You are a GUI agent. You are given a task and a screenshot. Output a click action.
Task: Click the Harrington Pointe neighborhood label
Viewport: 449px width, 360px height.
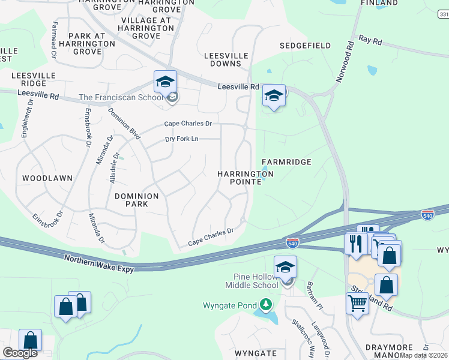(245, 178)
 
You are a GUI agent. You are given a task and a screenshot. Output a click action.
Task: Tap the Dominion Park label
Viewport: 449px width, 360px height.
(137, 200)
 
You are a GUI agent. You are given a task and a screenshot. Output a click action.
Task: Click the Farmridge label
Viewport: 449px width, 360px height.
(286, 162)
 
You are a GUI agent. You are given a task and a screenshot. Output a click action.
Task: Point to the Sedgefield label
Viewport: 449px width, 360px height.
(306, 46)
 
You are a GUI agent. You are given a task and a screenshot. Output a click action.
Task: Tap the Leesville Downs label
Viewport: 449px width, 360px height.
(226, 59)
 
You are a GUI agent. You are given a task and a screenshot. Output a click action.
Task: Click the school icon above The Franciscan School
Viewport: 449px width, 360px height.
(165, 82)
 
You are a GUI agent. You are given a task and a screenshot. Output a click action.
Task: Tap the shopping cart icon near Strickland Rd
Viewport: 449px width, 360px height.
(357, 304)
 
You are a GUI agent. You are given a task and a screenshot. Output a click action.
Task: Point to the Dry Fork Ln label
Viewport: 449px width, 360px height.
(182, 139)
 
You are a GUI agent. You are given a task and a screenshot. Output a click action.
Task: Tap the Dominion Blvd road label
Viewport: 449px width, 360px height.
(124, 124)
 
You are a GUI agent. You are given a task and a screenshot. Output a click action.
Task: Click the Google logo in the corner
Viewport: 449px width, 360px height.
(20, 353)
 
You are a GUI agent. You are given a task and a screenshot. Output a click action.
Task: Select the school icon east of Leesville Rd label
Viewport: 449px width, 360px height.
(274, 95)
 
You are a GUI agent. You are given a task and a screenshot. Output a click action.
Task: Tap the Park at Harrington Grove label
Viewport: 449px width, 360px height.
(87, 44)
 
